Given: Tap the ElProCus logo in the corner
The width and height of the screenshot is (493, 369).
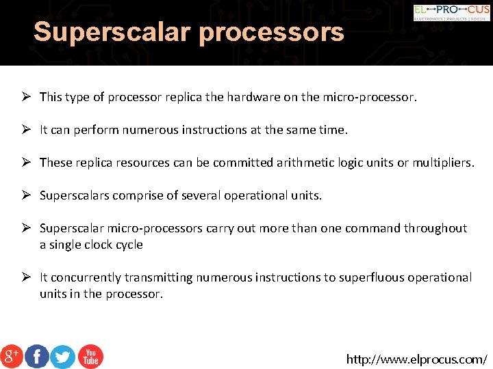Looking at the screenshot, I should pos(451,12).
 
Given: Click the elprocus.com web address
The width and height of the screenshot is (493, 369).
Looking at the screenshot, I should pos(417,359).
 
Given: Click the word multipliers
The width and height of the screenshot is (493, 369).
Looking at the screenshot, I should pos(442,163).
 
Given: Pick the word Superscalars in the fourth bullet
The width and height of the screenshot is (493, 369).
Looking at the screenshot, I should pos(74,195).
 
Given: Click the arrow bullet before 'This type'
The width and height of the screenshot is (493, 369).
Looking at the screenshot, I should pos(25,97).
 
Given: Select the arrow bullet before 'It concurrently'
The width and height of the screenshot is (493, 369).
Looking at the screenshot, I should pos(25,277).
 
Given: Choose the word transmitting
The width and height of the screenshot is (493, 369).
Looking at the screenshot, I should pos(160,277).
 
